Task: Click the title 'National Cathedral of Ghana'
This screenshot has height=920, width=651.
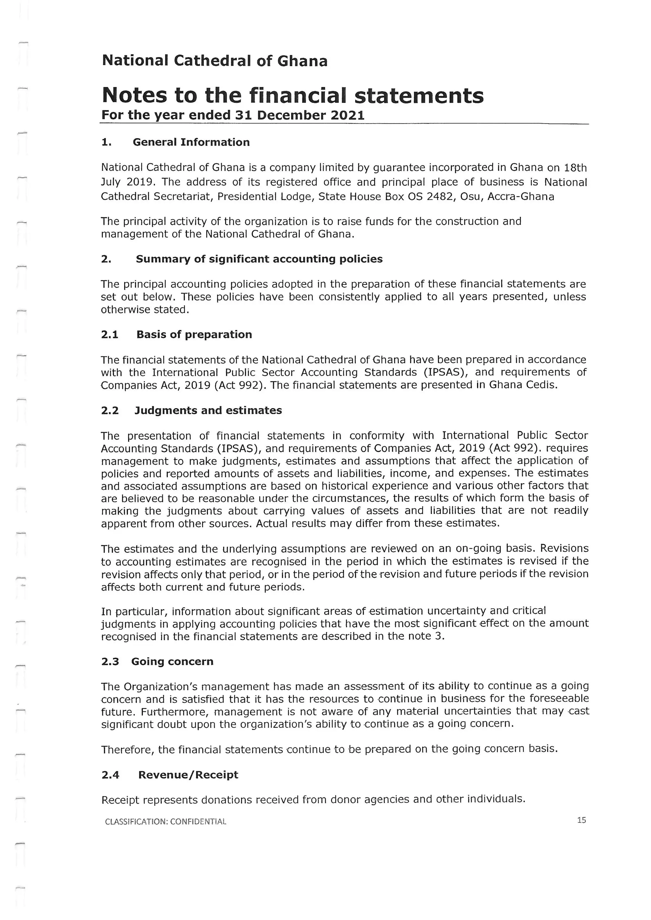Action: coord(215,61)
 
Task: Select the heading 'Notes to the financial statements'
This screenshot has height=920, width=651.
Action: coord(293,95)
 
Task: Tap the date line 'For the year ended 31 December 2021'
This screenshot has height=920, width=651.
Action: coord(233,115)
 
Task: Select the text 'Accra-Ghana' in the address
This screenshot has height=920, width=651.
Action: coord(521,197)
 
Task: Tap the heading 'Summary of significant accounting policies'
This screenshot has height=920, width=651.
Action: coord(259,259)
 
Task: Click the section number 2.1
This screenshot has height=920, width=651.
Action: coord(109,335)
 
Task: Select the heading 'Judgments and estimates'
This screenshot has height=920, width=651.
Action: coord(208,411)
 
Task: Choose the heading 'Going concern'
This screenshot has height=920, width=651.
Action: coord(172,661)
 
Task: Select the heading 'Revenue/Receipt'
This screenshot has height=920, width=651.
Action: coord(188,775)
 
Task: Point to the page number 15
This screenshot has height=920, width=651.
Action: coord(581,820)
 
